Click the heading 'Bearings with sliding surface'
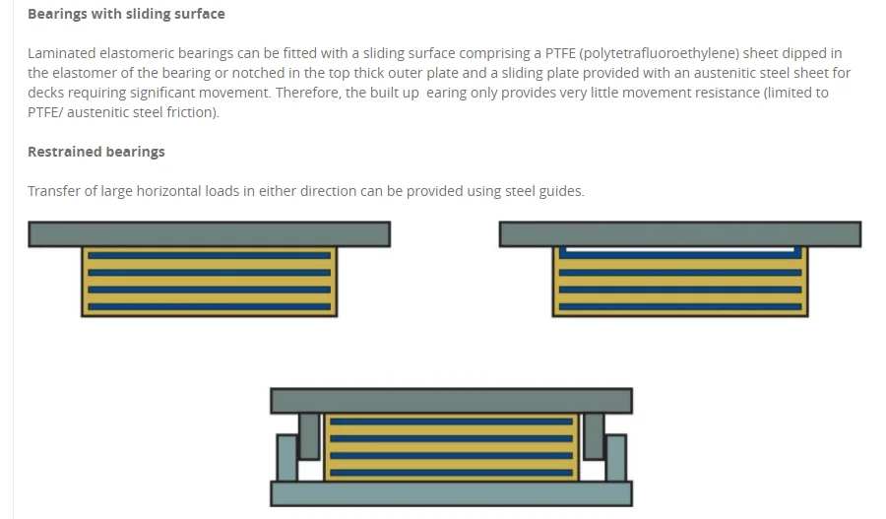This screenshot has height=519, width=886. tap(126, 14)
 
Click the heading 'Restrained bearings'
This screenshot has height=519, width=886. tap(96, 152)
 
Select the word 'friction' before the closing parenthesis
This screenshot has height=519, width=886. tap(189, 112)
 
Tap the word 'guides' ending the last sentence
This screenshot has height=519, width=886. tap(559, 191)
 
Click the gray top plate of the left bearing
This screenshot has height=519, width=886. tap(209, 233)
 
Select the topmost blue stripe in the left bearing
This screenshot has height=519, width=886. tap(209, 254)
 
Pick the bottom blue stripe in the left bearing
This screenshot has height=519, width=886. tap(209, 306)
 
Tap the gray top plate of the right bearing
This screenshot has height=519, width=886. tap(679, 233)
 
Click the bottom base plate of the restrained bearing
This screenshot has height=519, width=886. tap(451, 493)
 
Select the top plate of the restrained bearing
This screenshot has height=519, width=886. tap(451, 400)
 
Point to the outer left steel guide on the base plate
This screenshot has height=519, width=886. tap(286, 457)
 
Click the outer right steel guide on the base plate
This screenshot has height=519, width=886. tap(615, 457)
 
